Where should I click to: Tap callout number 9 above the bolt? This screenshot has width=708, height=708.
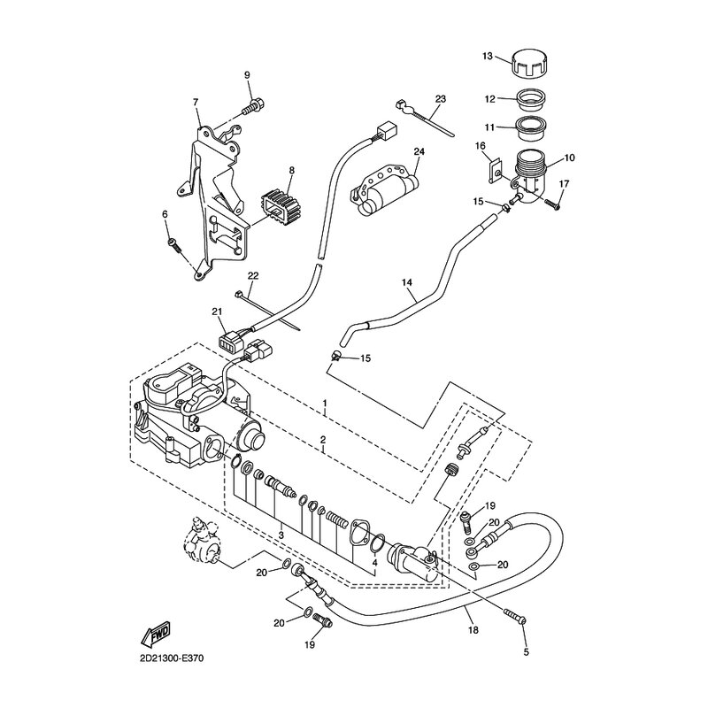point(247,75)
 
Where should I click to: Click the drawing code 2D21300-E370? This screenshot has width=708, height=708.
point(172,658)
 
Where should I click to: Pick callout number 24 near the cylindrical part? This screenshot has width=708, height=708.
point(419,151)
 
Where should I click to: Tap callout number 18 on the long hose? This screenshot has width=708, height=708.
point(473,629)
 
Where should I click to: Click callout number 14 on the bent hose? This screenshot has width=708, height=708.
point(407,282)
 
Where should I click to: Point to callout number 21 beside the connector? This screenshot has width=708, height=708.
point(217,312)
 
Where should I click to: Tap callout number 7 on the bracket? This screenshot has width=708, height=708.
point(195,103)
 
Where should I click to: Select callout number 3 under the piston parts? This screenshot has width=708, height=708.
point(281,535)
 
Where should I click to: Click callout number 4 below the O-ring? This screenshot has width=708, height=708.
point(374,563)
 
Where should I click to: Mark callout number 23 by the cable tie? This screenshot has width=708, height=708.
point(440,98)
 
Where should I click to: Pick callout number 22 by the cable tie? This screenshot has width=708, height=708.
point(253,275)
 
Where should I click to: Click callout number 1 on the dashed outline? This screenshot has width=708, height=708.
point(324,403)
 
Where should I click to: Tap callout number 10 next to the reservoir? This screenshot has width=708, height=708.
point(569,158)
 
